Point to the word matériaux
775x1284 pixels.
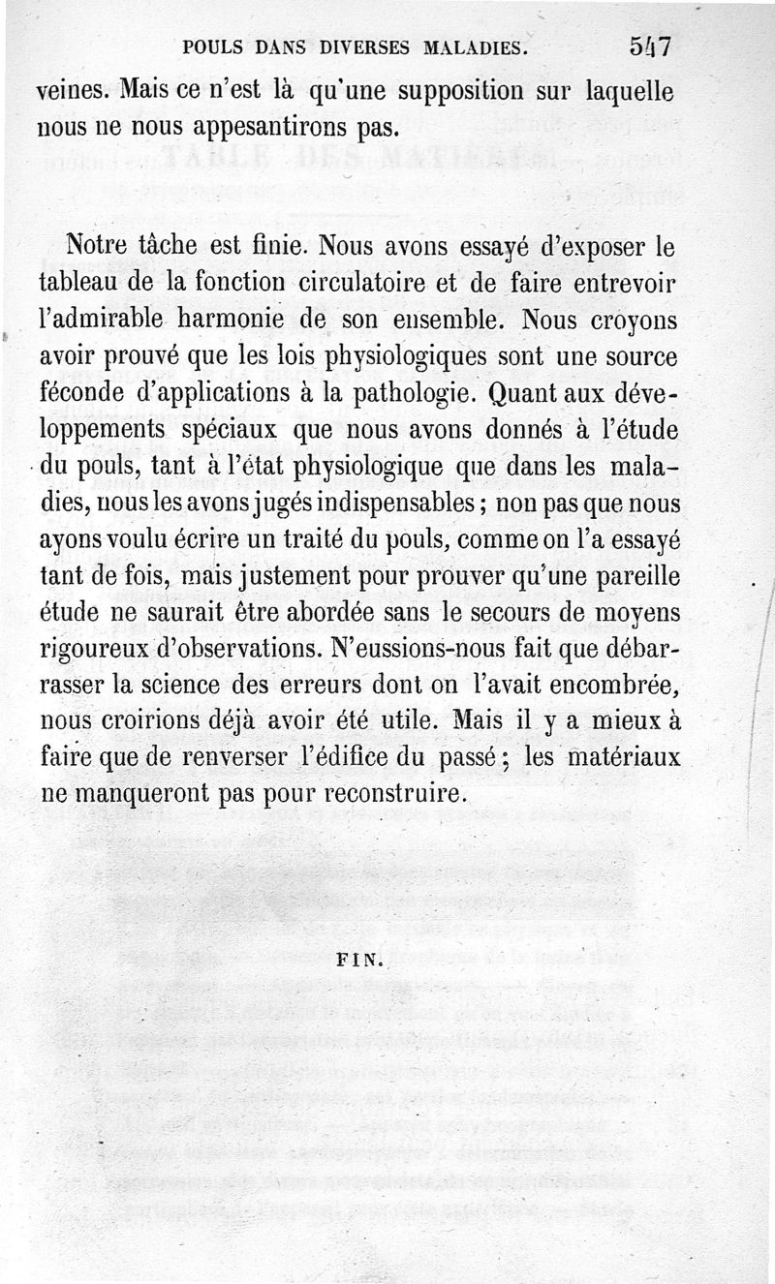point(620,759)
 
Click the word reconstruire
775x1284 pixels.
point(393,794)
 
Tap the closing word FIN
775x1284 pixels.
point(358,963)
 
